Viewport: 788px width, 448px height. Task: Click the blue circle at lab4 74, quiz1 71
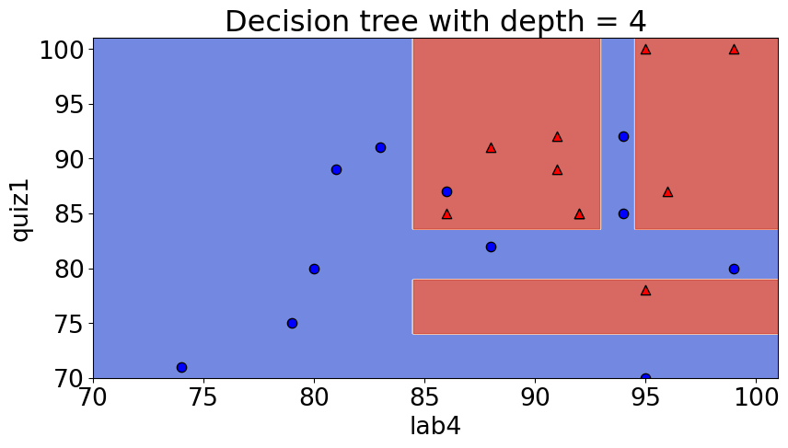[181, 368]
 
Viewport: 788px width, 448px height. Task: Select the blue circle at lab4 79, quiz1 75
[292, 324]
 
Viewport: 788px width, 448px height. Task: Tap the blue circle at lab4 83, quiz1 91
[380, 148]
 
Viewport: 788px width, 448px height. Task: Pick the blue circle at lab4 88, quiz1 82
[491, 247]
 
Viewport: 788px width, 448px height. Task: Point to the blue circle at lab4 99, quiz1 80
[734, 269]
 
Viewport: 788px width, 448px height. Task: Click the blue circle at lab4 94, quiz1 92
[623, 137]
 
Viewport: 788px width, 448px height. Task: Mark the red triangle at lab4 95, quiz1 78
[645, 291]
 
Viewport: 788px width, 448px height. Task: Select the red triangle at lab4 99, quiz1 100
[734, 50]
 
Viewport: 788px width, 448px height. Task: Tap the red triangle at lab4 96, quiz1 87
[667, 192]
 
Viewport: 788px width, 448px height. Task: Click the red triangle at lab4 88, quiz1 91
[491, 148]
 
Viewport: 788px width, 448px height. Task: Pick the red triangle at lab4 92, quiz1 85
[579, 214]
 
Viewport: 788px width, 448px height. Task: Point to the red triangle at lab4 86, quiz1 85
[446, 214]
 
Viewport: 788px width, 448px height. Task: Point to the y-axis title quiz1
[20, 208]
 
